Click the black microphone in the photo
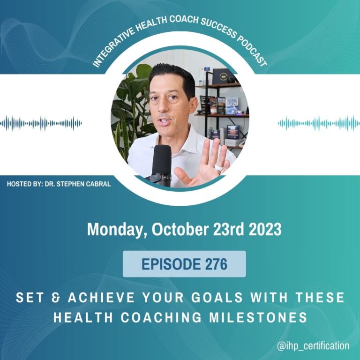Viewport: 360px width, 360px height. click(x=161, y=165)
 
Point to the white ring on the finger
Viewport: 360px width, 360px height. click(x=219, y=167)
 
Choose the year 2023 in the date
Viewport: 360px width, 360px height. click(x=265, y=229)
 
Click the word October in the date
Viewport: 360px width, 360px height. click(x=180, y=229)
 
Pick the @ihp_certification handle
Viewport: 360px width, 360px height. click(x=313, y=346)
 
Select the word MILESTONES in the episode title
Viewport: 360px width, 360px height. click(x=258, y=317)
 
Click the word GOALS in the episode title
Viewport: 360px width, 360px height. click(x=217, y=298)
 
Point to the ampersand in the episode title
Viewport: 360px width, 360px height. click(x=55, y=298)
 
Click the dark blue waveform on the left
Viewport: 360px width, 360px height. click(x=41, y=124)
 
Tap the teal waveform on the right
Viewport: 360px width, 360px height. click(x=319, y=124)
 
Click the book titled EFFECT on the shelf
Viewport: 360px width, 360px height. click(x=232, y=105)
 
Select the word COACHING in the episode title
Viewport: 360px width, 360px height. click(x=161, y=317)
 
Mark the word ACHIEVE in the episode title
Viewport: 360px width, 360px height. click(x=101, y=298)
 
